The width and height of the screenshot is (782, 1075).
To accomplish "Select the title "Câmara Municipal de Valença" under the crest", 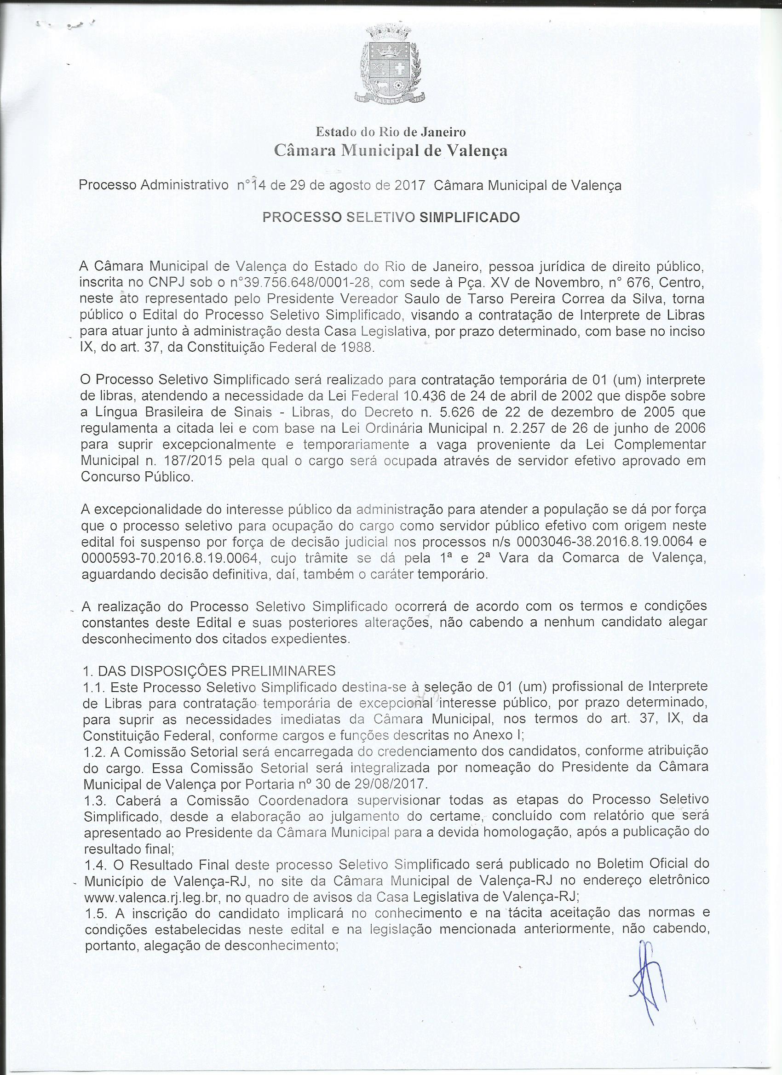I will pyautogui.click(x=391, y=151).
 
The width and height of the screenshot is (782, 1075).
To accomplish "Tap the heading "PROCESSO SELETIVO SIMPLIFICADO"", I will pyautogui.click(x=391, y=217).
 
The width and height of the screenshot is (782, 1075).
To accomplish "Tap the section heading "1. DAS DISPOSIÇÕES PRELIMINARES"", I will pyautogui.click(x=209, y=671).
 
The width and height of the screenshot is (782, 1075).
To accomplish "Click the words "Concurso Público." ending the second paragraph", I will pyautogui.click(x=138, y=476).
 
